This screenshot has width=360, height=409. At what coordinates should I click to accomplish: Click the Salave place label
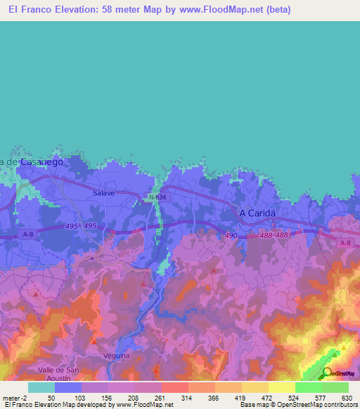(103, 192)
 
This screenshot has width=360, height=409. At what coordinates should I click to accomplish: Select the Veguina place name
(117, 356)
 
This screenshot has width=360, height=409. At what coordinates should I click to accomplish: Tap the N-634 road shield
(157, 197)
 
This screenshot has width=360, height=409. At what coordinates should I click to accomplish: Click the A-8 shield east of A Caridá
(344, 243)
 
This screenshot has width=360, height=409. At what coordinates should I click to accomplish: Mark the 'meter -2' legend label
(15, 397)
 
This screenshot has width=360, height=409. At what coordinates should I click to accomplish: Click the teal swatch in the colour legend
(41, 387)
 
